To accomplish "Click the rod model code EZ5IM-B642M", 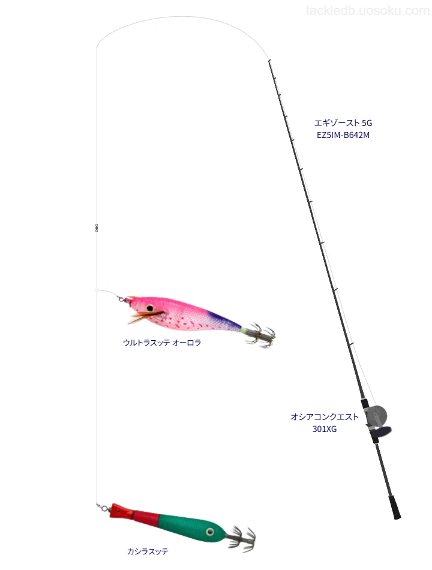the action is coord(343,135).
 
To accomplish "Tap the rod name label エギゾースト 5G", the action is coord(343,123).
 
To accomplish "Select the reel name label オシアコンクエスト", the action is coord(325,417).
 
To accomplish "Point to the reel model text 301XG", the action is coord(325,429).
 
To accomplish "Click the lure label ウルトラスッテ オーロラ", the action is coord(162,343).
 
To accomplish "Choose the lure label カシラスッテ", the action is coord(148,551).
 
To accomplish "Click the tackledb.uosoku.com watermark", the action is coord(368,11).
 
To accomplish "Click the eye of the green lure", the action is coord(209,532).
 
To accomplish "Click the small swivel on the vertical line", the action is coord(97,227).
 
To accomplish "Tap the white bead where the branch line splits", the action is coord(97,290).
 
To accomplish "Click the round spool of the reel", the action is coord(376,416).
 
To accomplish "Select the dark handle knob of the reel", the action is coord(382,432).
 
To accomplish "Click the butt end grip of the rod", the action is coord(395,507).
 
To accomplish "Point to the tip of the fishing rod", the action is coord(269,61).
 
